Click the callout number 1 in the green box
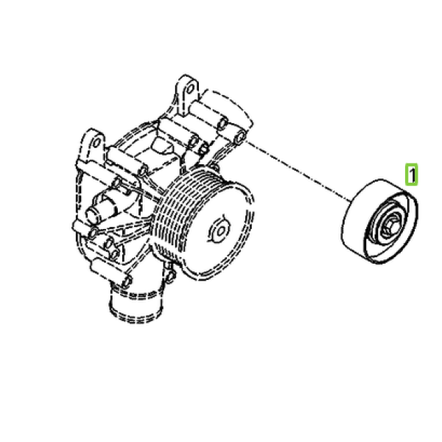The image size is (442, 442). [412, 175]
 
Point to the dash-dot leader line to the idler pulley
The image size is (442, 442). [298, 171]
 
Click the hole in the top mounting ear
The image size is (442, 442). [191, 89]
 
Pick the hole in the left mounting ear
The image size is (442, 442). [96, 143]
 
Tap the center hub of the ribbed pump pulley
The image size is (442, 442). [220, 231]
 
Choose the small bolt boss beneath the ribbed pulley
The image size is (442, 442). [170, 276]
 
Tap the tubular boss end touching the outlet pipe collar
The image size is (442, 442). [126, 281]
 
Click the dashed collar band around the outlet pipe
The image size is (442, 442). [136, 293]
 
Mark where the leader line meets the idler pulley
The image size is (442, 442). [351, 202]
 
